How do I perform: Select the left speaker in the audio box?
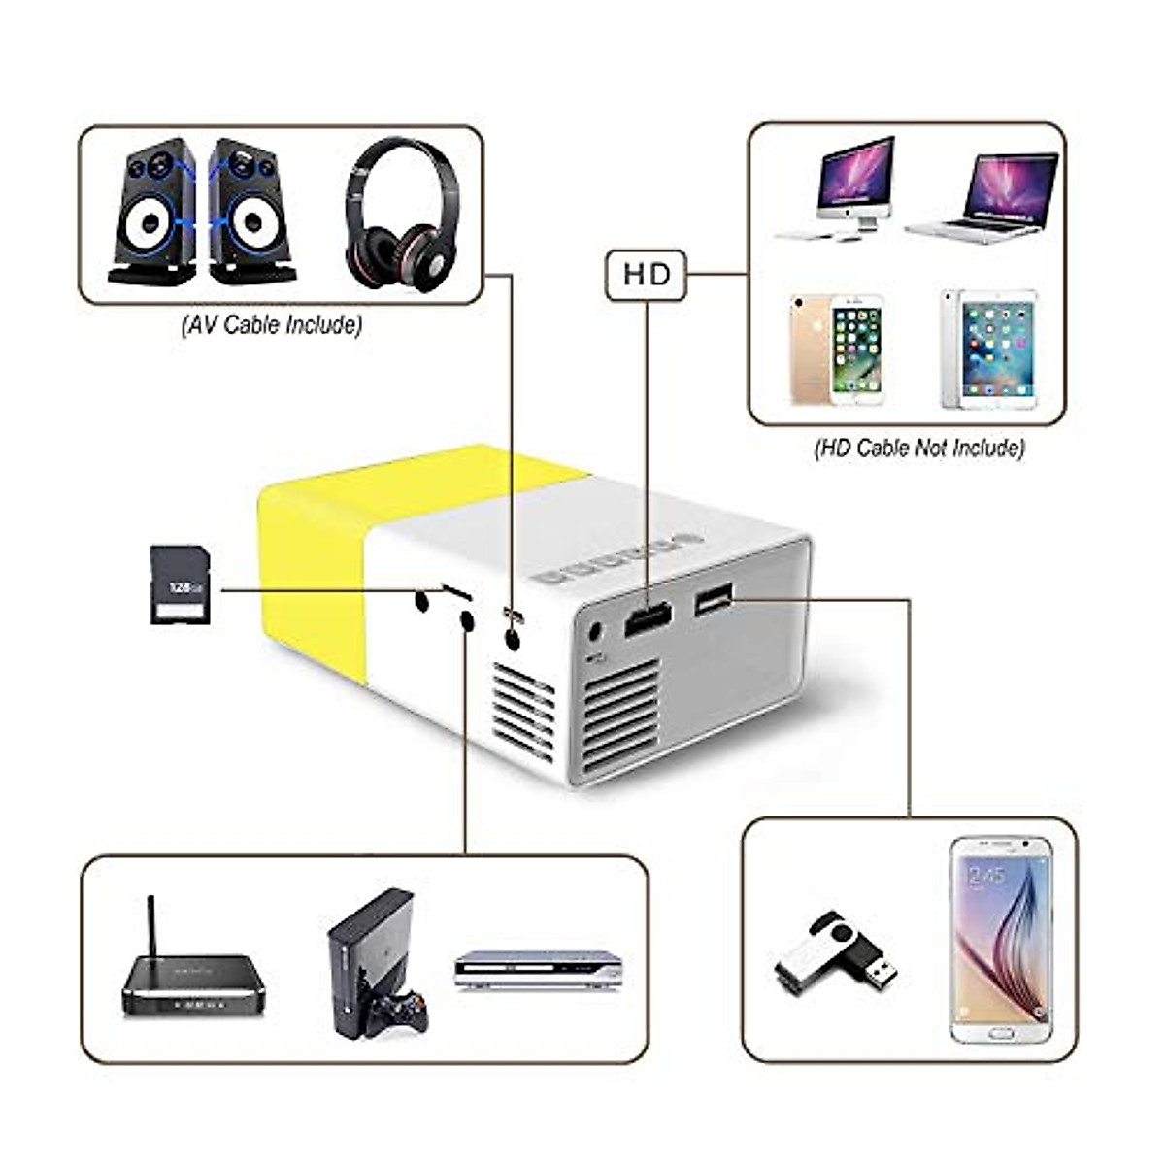click(x=151, y=211)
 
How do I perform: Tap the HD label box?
click(x=647, y=276)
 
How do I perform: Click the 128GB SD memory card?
click(x=181, y=583)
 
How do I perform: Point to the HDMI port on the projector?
click(x=649, y=618)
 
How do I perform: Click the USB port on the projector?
click(x=714, y=602)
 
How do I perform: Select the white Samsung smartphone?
click(x=1001, y=940)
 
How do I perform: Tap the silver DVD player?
click(x=539, y=970)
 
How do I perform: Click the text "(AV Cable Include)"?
click(x=271, y=324)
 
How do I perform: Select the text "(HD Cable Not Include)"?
click(x=918, y=449)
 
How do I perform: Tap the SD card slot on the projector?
click(x=457, y=592)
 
